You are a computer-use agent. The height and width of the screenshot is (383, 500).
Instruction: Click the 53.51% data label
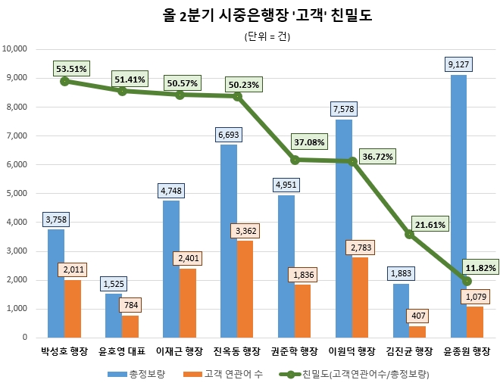(71, 69)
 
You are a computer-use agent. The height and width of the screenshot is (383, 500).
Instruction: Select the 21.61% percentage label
(430, 225)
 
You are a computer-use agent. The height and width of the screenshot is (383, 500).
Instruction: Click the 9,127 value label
(458, 64)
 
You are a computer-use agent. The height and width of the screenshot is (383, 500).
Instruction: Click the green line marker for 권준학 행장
(295, 160)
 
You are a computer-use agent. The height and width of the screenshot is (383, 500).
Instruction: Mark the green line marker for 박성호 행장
(64, 81)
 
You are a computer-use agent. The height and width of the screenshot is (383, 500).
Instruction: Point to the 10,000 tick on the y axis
(15, 49)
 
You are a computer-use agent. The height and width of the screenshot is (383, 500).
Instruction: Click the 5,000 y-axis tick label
(17, 194)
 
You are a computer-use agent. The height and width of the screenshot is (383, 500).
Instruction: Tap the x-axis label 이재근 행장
(180, 350)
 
